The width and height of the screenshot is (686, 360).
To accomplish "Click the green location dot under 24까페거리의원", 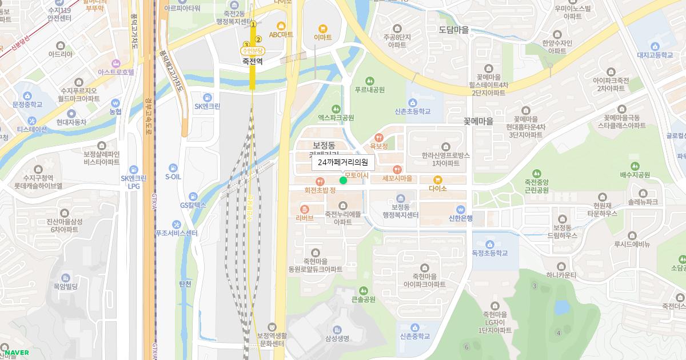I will point(343,181).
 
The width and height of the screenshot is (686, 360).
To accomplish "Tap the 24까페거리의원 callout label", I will point(343,163).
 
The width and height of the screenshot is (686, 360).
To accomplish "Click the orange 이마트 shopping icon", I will point(322,28).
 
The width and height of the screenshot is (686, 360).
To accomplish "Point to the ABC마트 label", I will point(281,35).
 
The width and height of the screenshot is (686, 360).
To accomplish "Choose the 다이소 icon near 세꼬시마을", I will point(437,180).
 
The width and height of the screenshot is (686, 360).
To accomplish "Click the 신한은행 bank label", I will point(460,218).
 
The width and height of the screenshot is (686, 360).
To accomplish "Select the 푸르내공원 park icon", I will point(369,81).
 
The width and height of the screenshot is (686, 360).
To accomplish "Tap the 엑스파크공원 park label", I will point(336,118).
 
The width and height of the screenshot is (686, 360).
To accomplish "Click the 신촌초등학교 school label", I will point(412,111).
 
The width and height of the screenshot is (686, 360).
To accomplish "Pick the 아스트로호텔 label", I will point(115,73).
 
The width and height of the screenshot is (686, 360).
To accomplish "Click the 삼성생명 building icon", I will point(337,329).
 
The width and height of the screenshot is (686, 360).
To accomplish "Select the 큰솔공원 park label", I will point(363,299).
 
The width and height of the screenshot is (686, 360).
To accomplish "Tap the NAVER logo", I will point(16,352).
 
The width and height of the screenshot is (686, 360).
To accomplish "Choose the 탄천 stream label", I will point(185,284).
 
